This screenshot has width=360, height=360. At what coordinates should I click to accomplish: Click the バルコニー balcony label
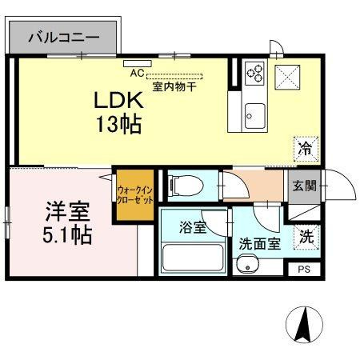pyautogui.click(x=64, y=38)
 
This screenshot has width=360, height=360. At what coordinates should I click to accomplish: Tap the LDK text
pyautogui.click(x=118, y=100)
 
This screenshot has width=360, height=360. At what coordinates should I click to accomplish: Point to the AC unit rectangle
pyautogui.click(x=138, y=63)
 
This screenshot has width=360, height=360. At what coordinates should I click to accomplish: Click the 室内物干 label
pyautogui.click(x=174, y=86)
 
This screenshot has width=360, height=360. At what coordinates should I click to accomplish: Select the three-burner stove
pyautogui.click(x=254, y=73)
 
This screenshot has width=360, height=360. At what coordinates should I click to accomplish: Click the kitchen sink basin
pyautogui.click(x=255, y=116)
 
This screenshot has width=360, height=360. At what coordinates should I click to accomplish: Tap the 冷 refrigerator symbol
pyautogui.click(x=306, y=149)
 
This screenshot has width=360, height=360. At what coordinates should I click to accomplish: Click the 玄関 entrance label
pyautogui.click(x=304, y=186)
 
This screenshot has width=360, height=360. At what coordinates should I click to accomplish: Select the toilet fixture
pyautogui.click(x=186, y=186)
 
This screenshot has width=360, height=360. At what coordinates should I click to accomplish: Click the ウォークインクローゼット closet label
pyautogui.click(x=135, y=195)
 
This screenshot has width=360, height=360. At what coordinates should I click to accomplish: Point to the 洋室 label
pyautogui.click(x=67, y=211)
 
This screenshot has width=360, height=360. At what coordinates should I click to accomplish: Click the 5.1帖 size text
pyautogui.click(x=67, y=235)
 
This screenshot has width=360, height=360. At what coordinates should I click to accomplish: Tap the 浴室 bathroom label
pyautogui.click(x=193, y=227)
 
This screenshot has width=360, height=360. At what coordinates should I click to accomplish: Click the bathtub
pyautogui.click(x=192, y=258)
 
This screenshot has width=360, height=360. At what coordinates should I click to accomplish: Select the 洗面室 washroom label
pyautogui.click(x=260, y=243)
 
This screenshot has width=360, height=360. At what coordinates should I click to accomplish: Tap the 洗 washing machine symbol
pyautogui.click(x=306, y=237)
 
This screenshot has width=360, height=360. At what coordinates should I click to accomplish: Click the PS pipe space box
pyautogui.click(x=304, y=270)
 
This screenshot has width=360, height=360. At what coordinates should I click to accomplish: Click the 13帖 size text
pyautogui.click(x=118, y=124)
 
